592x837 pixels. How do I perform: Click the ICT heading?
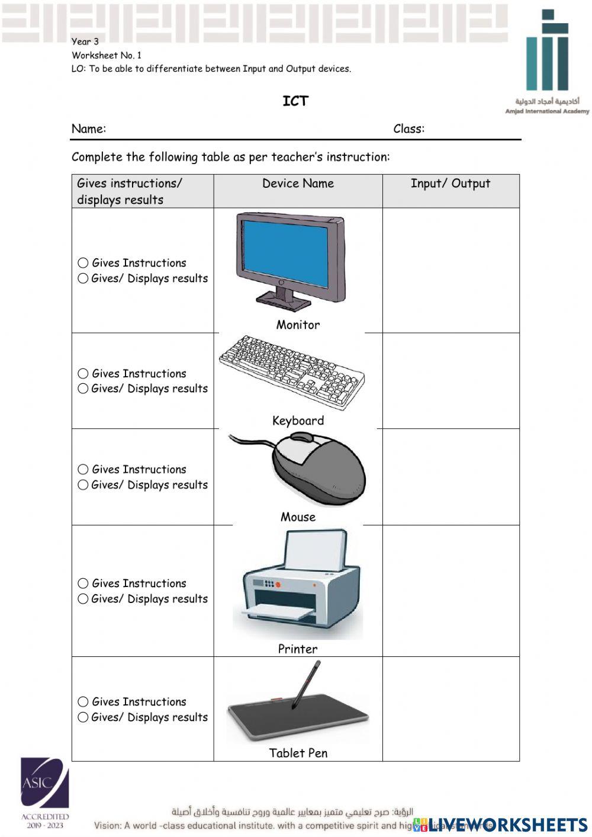pos(295,101)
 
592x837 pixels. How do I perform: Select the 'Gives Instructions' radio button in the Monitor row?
pos(83,263)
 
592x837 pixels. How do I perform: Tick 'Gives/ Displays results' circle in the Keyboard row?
pos(83,389)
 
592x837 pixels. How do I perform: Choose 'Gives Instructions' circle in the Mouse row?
pos(83,470)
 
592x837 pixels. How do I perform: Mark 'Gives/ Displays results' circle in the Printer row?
pos(83,599)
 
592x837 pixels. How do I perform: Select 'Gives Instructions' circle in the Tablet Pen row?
pos(83,702)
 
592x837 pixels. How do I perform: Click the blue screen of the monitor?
pos(283,253)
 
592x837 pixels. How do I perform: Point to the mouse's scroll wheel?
pos(301,438)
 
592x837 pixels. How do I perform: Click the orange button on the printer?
pos(278,585)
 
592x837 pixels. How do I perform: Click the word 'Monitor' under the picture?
pos(298,325)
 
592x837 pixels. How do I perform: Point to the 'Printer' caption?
pos(298,649)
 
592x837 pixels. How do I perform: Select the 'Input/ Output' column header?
pos(451,184)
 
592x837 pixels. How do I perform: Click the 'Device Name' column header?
pos(298,184)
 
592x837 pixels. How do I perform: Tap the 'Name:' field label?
pos(89,129)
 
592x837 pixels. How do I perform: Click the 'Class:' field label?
pos(408,129)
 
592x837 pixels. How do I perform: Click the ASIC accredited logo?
pos(45,792)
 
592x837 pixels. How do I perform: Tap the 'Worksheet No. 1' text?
pos(107,55)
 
